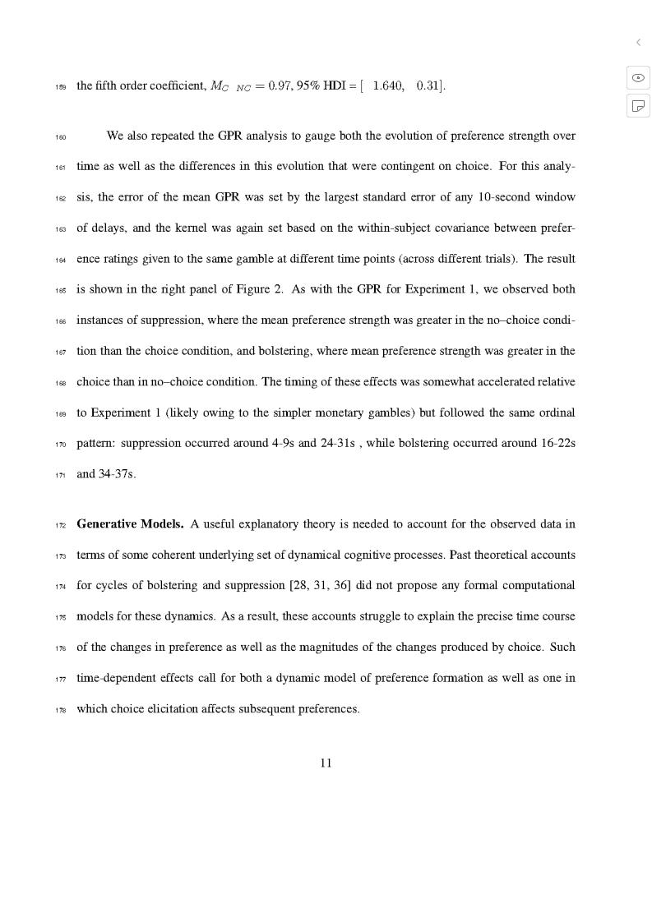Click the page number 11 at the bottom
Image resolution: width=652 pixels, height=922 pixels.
click(x=326, y=763)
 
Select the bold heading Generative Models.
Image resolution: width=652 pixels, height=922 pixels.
click(x=130, y=524)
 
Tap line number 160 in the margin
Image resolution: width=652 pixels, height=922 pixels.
click(x=61, y=136)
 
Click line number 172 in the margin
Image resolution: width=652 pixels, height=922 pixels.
click(x=61, y=525)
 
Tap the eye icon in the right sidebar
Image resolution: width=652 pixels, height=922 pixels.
click(x=638, y=77)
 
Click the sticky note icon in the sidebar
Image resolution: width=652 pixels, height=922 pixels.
click(x=638, y=105)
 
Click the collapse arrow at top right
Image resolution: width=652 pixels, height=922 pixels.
click(x=638, y=42)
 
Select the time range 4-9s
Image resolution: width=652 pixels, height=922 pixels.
click(x=283, y=444)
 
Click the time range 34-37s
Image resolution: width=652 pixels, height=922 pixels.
click(x=116, y=474)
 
